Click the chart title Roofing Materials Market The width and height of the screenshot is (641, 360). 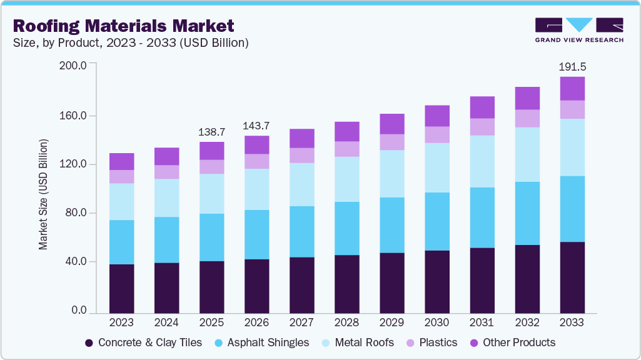(x=123, y=26)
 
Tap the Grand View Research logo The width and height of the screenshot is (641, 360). (x=579, y=29)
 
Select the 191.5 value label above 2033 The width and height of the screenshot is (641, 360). (x=572, y=66)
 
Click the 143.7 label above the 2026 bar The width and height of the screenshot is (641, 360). (x=256, y=125)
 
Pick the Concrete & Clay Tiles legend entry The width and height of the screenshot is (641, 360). (x=143, y=342)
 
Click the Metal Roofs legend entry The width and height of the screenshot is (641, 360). (x=358, y=342)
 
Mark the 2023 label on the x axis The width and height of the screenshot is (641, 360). (x=121, y=322)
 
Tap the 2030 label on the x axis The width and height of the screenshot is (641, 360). (x=437, y=322)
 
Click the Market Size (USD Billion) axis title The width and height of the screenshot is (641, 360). (x=43, y=195)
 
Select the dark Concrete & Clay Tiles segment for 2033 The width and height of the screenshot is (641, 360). (x=572, y=277)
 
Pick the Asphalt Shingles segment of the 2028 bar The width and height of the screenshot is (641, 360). (x=346, y=228)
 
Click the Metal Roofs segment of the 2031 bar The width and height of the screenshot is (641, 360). (x=482, y=161)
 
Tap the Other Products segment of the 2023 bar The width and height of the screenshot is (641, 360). (x=121, y=161)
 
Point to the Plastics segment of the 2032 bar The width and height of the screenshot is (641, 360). (x=527, y=118)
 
